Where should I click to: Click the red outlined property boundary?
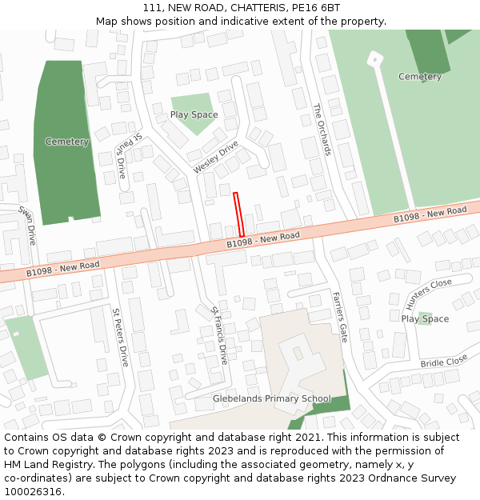[x=238, y=214]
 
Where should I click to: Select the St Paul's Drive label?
[x=128, y=155]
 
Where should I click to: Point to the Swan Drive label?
[x=28, y=225]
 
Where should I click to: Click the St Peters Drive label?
[x=120, y=337]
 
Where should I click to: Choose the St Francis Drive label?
[x=219, y=335]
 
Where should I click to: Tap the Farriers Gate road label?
[x=340, y=317]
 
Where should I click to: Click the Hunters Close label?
[x=429, y=294]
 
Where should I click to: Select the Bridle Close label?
[x=444, y=362]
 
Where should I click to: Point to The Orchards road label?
[x=322, y=129]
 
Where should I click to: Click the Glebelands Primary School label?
[x=271, y=398]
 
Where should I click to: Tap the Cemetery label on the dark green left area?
[x=67, y=142]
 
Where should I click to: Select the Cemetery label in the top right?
[x=420, y=77]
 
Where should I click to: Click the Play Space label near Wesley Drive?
[x=194, y=114]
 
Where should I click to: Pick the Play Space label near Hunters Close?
[x=425, y=318]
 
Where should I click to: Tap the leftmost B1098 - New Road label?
[x=62, y=269]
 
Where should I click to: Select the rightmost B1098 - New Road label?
[x=430, y=214]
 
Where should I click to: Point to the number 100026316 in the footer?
[x=32, y=491]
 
